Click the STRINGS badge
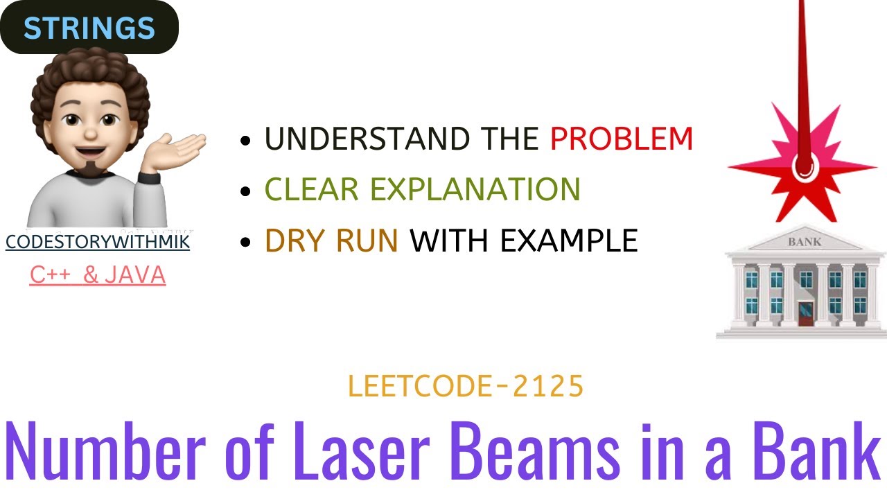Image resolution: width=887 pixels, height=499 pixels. click(x=89, y=28)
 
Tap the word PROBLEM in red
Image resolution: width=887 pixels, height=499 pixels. click(x=621, y=139)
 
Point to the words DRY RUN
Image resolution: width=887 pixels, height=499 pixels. click(x=331, y=240)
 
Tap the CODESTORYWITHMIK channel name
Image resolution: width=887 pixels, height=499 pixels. click(x=98, y=242)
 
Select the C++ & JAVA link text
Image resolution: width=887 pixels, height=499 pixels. click(x=98, y=275)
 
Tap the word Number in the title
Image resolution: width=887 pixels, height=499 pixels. click(x=97, y=451)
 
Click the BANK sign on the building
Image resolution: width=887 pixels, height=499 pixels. click(x=804, y=242)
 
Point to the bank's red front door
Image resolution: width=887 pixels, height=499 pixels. click(x=805, y=313)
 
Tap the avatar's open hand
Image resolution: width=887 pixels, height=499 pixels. click(x=182, y=147)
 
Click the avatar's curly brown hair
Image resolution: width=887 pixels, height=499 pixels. click(x=90, y=83)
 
